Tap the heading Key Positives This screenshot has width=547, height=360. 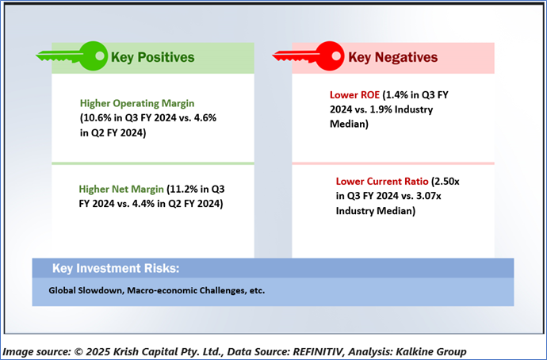click(153, 57)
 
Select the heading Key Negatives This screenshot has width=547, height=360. click(392, 57)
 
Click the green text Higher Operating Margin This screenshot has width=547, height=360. click(137, 103)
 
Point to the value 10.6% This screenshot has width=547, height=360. click(97, 118)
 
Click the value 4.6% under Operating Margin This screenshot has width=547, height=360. click(205, 118)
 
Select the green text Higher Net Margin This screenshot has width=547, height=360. click(121, 189)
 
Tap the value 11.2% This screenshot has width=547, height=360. click(183, 189)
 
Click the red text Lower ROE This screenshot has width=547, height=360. click(354, 95)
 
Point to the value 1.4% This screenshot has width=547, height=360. click(396, 95)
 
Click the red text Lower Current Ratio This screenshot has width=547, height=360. click(382, 182)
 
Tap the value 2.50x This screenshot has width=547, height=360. click(447, 182)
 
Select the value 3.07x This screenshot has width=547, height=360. click(428, 196)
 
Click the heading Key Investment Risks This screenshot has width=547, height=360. click(116, 268)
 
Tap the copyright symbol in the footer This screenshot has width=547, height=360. click(78, 351)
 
